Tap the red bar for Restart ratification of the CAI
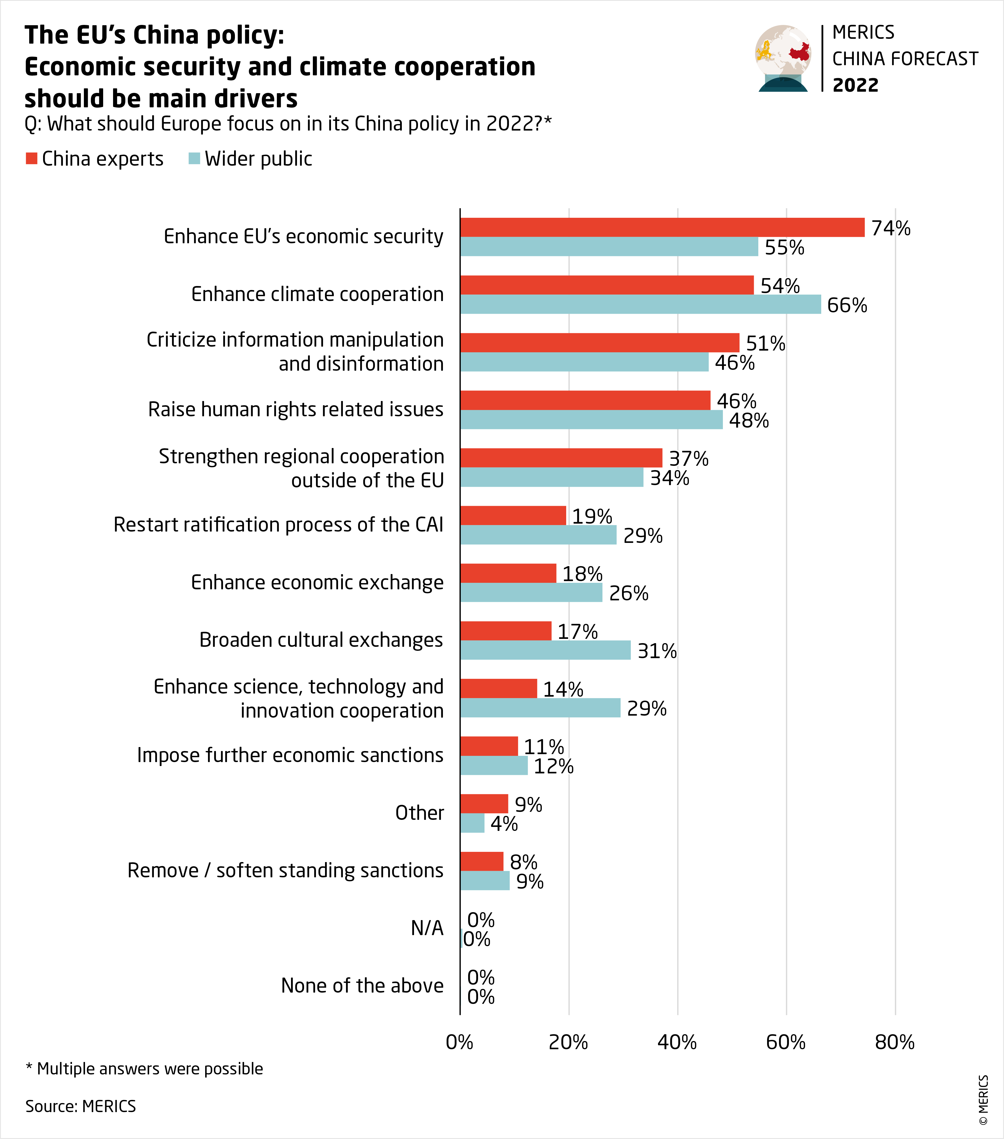point(513,515)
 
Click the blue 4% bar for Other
point(472,823)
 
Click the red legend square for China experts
point(32,159)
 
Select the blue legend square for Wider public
point(194,159)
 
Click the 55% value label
point(784,248)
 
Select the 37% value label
point(689,458)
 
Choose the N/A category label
point(427,928)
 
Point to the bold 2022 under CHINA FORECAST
point(855,85)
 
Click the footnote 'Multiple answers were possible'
point(145,1068)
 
